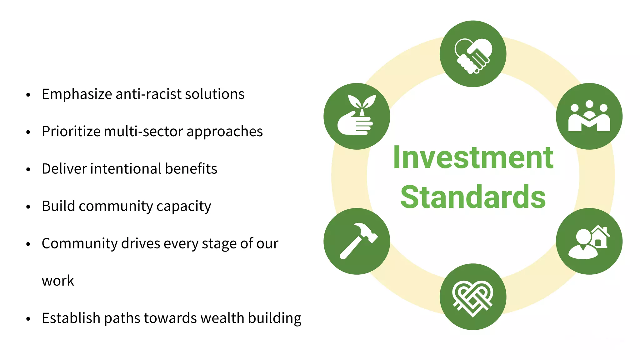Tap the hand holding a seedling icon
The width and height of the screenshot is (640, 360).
coord(357,116)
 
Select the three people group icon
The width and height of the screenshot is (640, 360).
coord(589,116)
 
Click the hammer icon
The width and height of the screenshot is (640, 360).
coord(357,241)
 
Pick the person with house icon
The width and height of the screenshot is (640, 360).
coord(589,241)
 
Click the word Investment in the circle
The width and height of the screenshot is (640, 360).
coord(473,158)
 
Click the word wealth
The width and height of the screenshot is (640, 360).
coord(222,318)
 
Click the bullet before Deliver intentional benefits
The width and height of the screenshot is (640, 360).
coord(28,170)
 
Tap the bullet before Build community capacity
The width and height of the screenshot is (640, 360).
coord(28,207)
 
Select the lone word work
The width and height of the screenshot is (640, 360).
coord(58,281)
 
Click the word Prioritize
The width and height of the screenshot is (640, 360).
coord(71,132)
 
